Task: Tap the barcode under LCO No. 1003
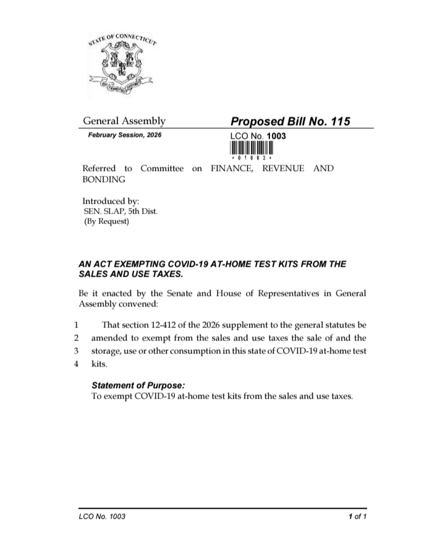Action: click(251, 149)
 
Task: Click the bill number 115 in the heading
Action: click(340, 121)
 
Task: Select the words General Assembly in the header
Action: click(124, 121)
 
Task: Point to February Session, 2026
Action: click(124, 135)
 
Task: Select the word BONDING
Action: click(104, 179)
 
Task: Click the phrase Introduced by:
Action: click(111, 201)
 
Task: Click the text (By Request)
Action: click(106, 222)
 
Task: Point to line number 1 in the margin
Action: click(76, 324)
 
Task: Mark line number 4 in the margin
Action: click(76, 365)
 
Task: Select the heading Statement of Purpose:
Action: click(138, 385)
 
